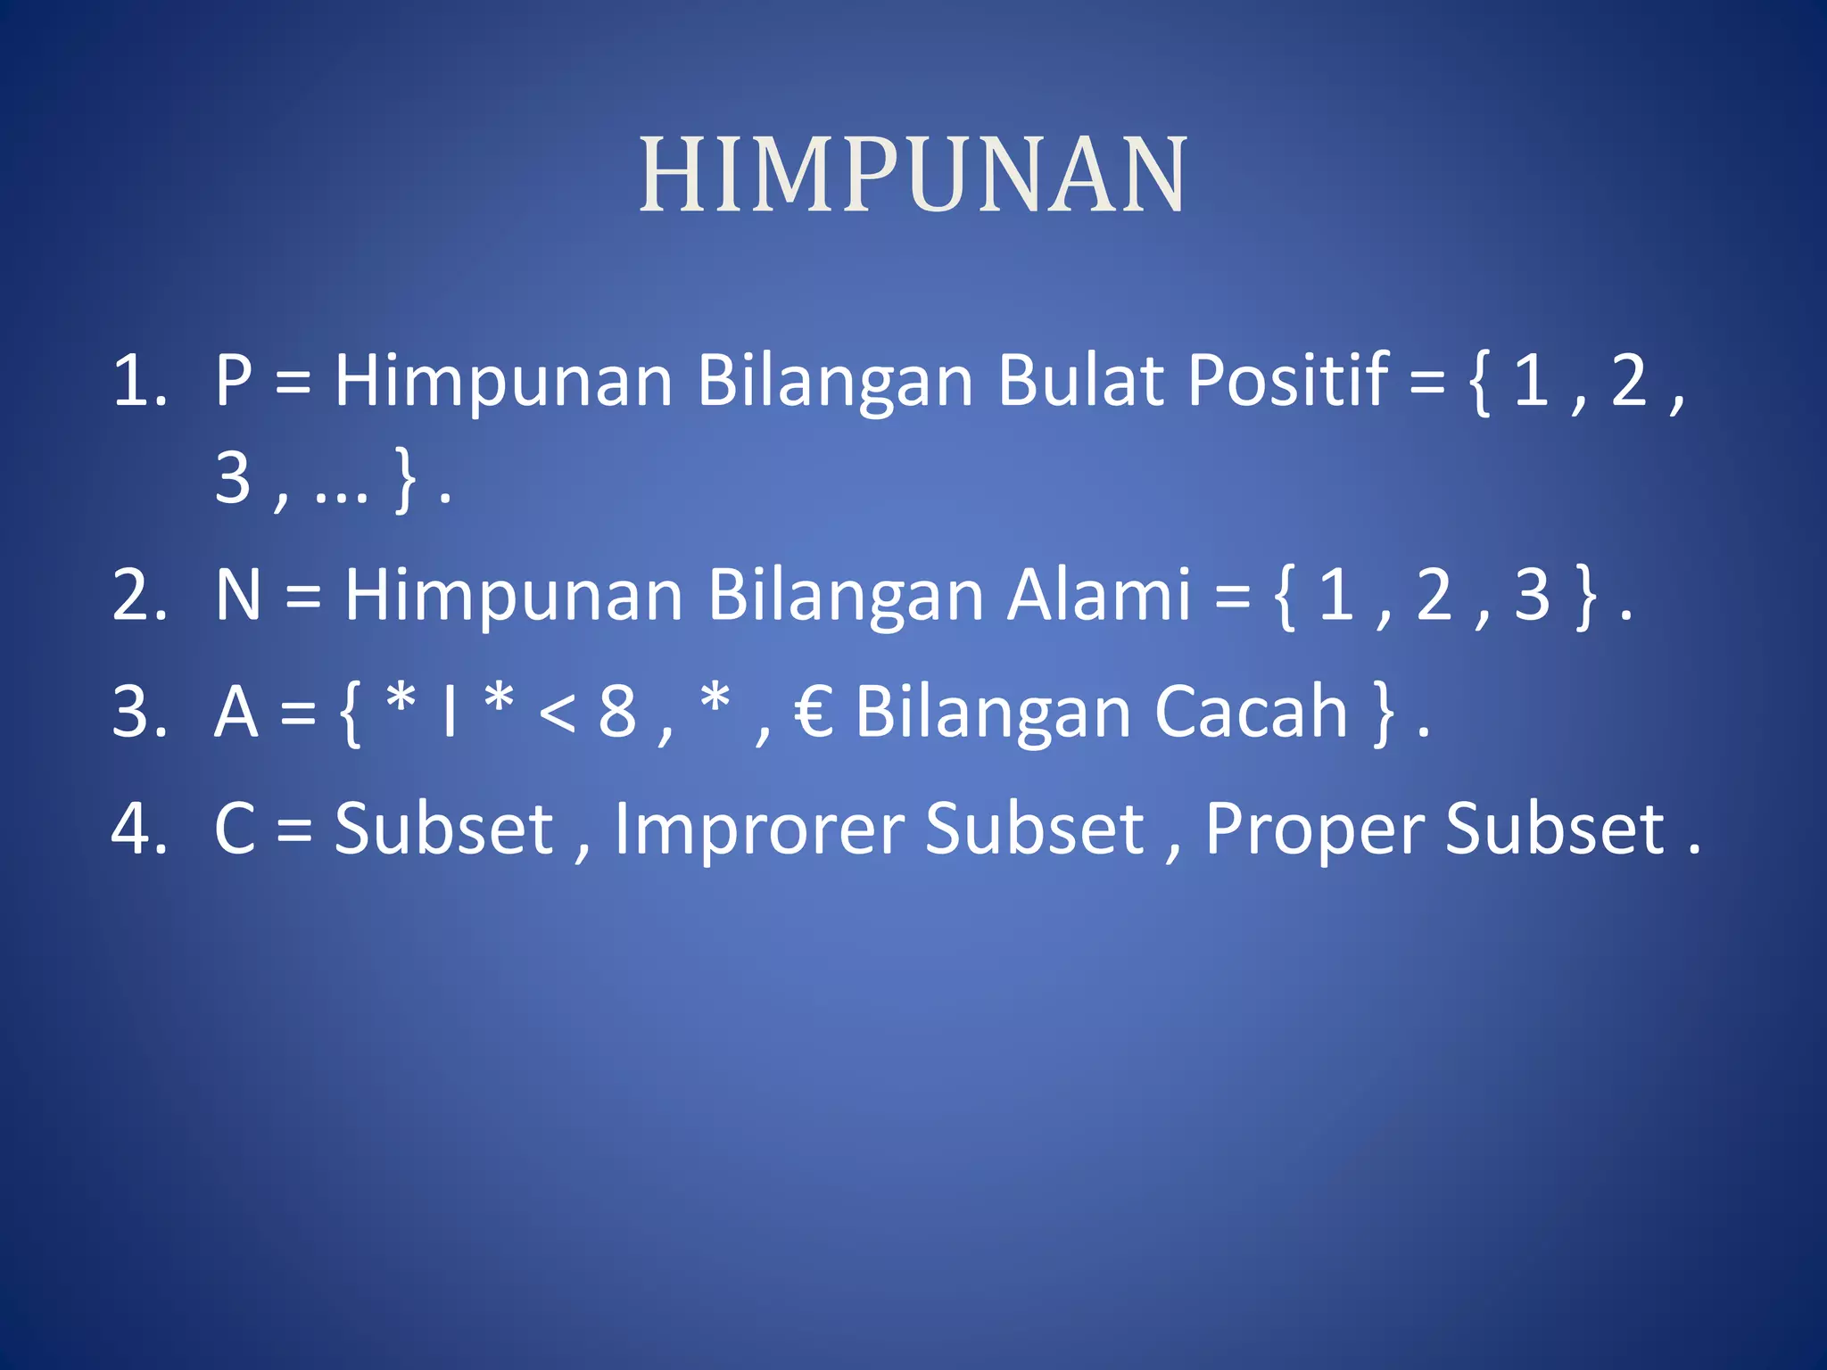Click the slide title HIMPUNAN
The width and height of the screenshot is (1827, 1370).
(913, 175)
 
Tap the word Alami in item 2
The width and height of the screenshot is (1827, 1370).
(1098, 595)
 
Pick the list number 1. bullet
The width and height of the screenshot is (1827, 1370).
(140, 382)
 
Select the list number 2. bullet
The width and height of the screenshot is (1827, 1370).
(140, 596)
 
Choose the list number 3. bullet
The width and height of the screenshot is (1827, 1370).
(140, 713)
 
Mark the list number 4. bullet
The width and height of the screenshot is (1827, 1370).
(140, 829)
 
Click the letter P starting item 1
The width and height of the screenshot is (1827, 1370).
(234, 382)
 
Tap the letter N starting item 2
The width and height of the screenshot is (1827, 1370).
(238, 596)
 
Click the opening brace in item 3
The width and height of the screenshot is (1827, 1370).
(351, 714)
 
